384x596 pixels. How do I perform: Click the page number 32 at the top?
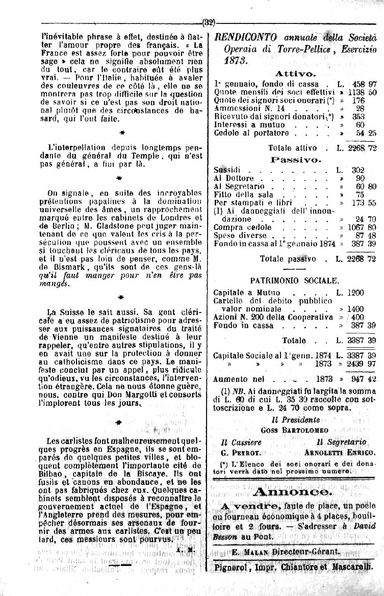209,22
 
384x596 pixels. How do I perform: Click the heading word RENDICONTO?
246,37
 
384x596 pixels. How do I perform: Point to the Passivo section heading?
295,160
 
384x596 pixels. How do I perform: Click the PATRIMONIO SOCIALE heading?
294,280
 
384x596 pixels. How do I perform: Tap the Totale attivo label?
293,148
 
